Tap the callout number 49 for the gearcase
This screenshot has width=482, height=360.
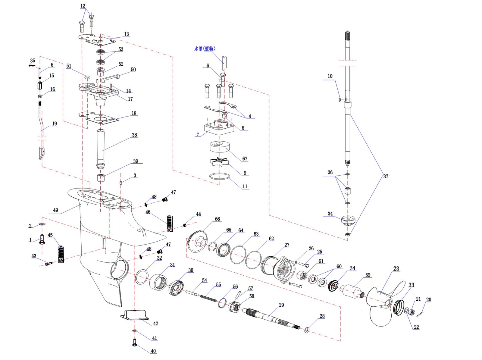coord(55,210)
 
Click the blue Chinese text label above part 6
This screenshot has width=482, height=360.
coord(205,49)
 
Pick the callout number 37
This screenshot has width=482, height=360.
coord(386,176)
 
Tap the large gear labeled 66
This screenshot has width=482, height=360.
coord(198,241)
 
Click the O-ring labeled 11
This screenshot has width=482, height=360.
coord(220,176)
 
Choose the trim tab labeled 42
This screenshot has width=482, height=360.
coord(134,315)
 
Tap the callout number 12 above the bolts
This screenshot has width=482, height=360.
coord(83,6)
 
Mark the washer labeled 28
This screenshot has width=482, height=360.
coord(307,330)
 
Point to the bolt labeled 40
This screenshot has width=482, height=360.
coord(135,343)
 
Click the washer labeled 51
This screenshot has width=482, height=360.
coord(87,78)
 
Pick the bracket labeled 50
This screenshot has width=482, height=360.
coord(110,78)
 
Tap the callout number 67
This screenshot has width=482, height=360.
coord(245,158)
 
